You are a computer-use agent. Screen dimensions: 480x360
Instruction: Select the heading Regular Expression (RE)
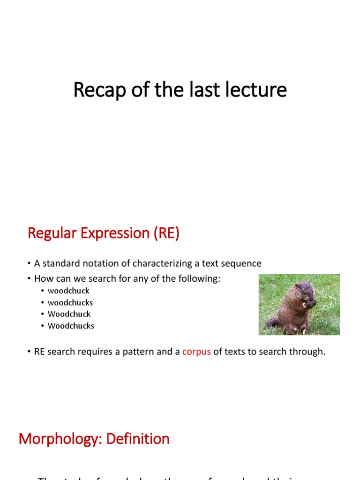coord(104,233)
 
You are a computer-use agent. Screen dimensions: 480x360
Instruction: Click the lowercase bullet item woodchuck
coord(68,291)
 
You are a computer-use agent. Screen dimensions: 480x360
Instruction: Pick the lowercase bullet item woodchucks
coord(70,302)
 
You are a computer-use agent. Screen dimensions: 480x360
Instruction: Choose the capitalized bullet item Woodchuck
coord(69,314)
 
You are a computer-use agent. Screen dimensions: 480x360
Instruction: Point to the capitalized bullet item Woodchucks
coord(71,326)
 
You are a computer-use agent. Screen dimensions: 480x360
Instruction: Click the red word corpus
coord(196,352)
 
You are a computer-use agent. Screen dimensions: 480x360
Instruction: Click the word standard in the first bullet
coord(59,263)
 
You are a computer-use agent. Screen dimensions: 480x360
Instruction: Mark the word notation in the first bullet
coord(96,263)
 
